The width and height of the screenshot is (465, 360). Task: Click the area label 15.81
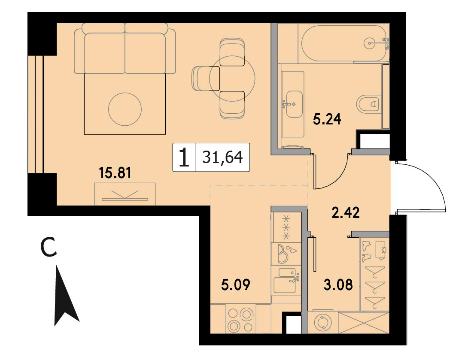[115, 173]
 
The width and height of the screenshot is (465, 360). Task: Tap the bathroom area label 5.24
[327, 120]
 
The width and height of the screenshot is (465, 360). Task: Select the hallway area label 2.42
[346, 213]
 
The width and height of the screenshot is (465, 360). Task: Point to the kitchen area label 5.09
[236, 285]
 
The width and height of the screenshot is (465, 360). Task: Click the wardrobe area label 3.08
[338, 285]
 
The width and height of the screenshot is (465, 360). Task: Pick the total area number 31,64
[223, 157]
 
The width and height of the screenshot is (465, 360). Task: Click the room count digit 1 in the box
[184, 157]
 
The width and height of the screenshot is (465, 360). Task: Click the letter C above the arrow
[49, 247]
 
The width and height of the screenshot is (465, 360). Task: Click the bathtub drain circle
[370, 43]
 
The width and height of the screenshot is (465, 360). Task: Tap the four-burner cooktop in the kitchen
[240, 320]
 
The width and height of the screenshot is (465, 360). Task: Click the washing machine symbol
[322, 323]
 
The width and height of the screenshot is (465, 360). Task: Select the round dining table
[232, 79]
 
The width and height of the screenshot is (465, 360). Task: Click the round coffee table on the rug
[125, 109]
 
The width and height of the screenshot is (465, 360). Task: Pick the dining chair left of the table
[206, 79]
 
